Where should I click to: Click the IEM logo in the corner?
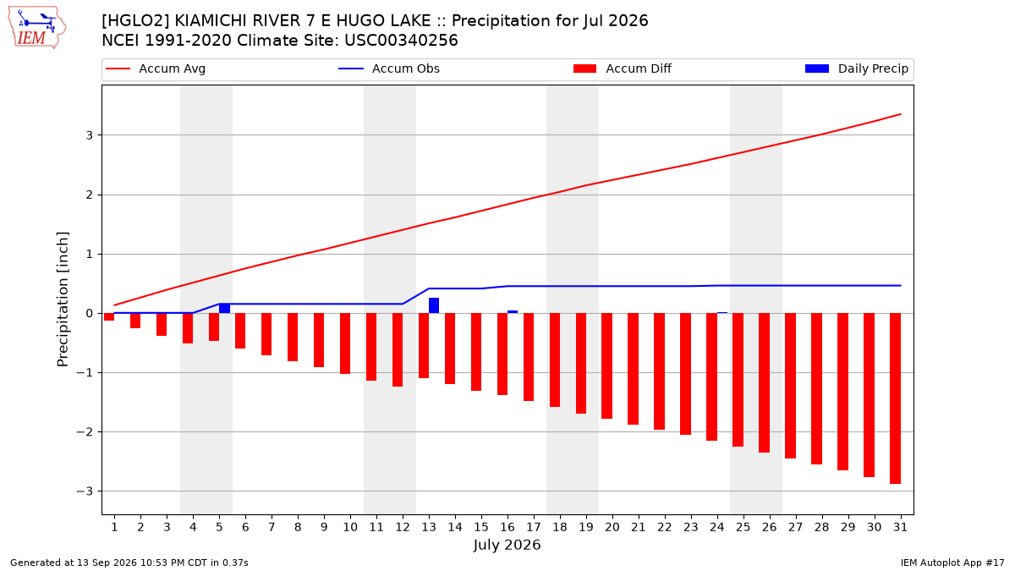click(x=37, y=28)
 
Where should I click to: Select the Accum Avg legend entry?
click(x=156, y=69)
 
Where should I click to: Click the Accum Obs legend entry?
click(x=389, y=69)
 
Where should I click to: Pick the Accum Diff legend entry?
click(x=623, y=69)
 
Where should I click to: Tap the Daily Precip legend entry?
click(x=856, y=69)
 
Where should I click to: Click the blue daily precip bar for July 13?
click(x=434, y=305)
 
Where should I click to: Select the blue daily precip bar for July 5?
click(x=224, y=308)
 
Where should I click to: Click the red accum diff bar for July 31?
click(x=895, y=398)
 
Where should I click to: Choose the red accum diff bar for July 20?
click(x=606, y=365)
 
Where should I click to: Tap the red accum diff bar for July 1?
click(x=109, y=316)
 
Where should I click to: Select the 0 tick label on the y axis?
click(x=90, y=313)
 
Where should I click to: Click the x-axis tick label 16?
click(x=507, y=527)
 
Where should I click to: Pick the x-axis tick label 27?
click(x=795, y=527)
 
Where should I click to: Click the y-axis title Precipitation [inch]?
click(x=63, y=299)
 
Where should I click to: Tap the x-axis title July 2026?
click(x=507, y=545)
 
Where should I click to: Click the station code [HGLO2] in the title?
click(x=135, y=21)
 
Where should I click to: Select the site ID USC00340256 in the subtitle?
click(x=401, y=41)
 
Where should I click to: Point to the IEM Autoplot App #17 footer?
click(x=952, y=563)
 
